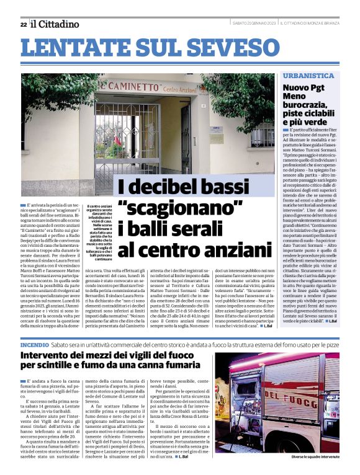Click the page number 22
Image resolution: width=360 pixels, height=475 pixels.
(x=23, y=24)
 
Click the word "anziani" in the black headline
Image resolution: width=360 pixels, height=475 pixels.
(x=221, y=249)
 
